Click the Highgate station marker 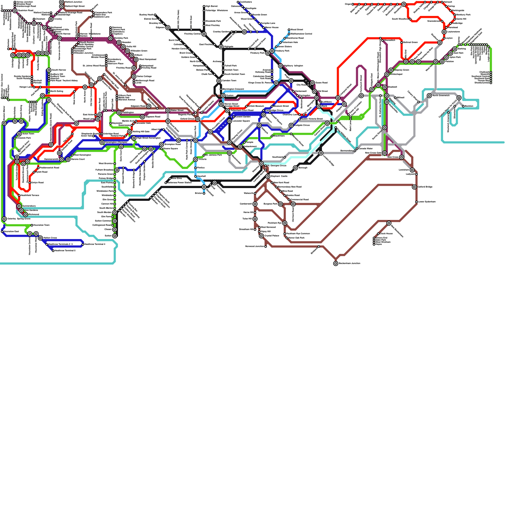[x=221, y=47]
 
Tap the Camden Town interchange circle [x=219, y=81]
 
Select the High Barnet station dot [x=204, y=6]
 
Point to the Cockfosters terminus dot [x=238, y=2]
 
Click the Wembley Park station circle [x=111, y=38]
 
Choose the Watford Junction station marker [x=62, y=2]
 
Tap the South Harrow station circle [x=49, y=70]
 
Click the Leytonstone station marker [x=444, y=32]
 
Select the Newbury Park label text [x=463, y=15]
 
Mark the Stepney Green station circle [x=391, y=70]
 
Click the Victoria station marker [x=195, y=159]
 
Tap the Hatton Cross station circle [x=40, y=238]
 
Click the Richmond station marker [x=25, y=215]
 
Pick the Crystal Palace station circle [x=261, y=236]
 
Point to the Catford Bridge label [x=425, y=187]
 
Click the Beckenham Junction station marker [x=336, y=264]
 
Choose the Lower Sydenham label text [x=427, y=202]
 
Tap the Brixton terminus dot [x=204, y=193]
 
